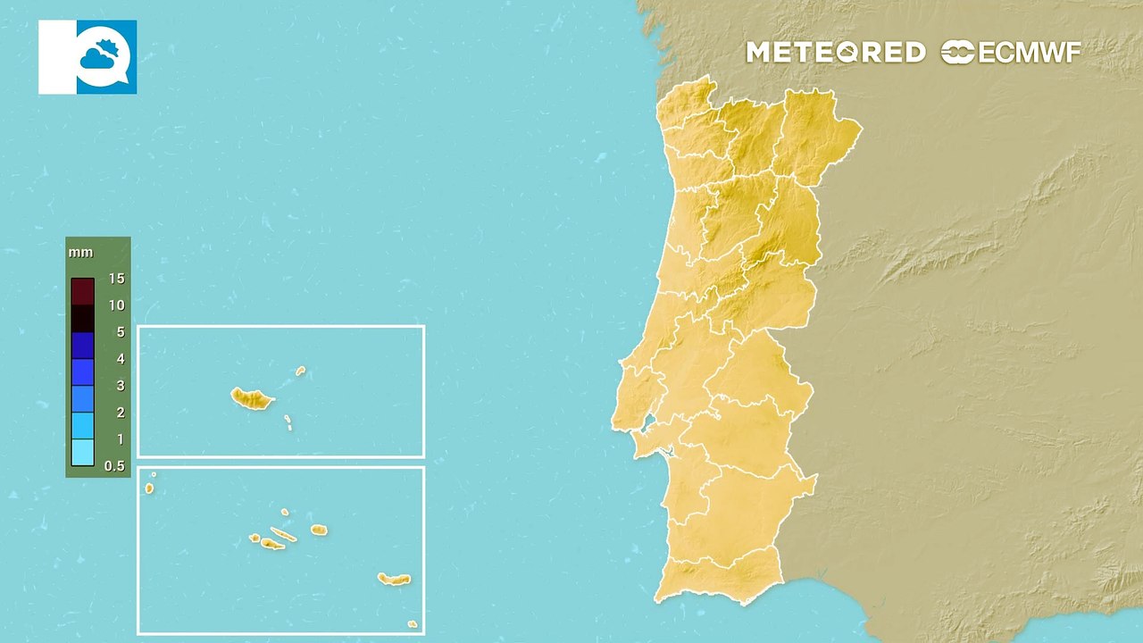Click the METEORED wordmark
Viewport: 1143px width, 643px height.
click(x=836, y=53)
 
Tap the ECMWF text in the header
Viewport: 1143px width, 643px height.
click(x=1030, y=53)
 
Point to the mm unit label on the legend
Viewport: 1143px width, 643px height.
click(x=80, y=253)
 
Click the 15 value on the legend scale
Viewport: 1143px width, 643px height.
click(x=116, y=279)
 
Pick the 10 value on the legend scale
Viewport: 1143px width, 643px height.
click(x=116, y=305)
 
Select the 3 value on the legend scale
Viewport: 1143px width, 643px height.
click(x=120, y=386)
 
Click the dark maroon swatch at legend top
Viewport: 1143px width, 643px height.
click(x=82, y=292)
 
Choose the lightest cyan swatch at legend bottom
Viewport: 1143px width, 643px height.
click(x=82, y=453)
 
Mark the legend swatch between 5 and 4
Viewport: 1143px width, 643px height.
click(x=82, y=346)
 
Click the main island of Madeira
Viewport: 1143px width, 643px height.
click(x=252, y=398)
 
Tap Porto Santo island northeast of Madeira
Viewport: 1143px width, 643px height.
click(x=301, y=371)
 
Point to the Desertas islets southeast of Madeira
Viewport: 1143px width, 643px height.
click(x=288, y=422)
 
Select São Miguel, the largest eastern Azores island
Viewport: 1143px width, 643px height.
click(x=393, y=580)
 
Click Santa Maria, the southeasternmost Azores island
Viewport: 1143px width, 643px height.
click(x=412, y=624)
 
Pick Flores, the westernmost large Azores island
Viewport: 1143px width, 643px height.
click(x=149, y=489)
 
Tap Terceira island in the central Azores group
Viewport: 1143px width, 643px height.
click(x=319, y=530)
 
